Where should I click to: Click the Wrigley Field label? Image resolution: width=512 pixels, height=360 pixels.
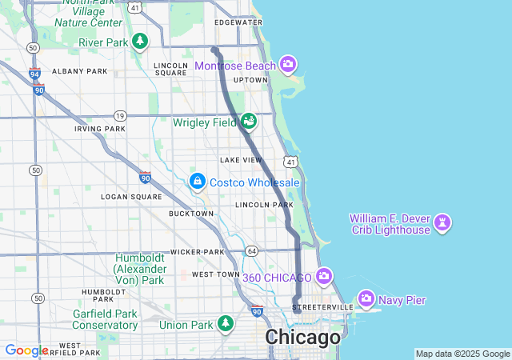(x=205, y=122)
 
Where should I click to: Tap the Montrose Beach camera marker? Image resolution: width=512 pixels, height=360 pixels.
(x=289, y=65)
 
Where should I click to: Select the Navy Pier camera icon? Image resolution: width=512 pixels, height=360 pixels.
(x=366, y=299)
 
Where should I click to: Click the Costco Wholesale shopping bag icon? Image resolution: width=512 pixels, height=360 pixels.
(x=197, y=182)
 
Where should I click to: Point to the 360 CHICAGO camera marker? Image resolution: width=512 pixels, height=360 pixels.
(x=324, y=277)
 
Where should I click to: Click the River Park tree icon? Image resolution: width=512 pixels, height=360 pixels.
(x=141, y=41)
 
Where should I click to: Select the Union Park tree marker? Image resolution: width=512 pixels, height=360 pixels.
(x=226, y=324)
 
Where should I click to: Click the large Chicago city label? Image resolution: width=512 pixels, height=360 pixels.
(x=302, y=338)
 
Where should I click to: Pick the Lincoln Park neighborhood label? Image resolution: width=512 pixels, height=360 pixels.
(x=265, y=205)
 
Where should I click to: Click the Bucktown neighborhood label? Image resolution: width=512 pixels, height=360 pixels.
(x=191, y=214)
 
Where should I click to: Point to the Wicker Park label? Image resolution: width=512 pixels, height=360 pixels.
(x=196, y=252)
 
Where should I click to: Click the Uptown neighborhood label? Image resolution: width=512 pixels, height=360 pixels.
(x=250, y=80)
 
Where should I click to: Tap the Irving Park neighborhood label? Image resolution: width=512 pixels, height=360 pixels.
(x=100, y=129)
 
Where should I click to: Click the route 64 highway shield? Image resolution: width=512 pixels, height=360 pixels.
(x=252, y=251)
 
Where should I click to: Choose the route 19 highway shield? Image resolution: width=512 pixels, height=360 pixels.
(x=120, y=115)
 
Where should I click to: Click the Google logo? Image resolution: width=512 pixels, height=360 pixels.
(x=26, y=350)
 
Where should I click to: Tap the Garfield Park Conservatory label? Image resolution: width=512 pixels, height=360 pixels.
(x=105, y=319)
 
